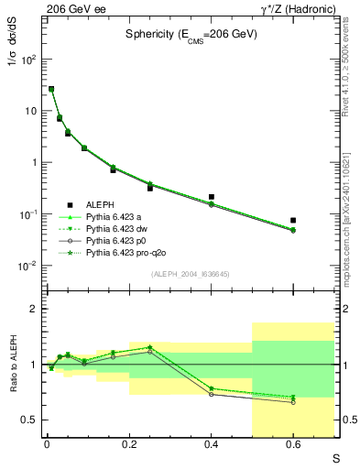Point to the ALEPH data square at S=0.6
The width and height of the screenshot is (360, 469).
293,220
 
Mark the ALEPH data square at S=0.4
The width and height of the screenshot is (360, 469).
211,197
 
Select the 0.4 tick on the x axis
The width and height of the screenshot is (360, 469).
211,444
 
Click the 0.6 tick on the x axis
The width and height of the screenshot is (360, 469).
293,444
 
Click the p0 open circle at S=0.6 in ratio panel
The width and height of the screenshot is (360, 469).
293,402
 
